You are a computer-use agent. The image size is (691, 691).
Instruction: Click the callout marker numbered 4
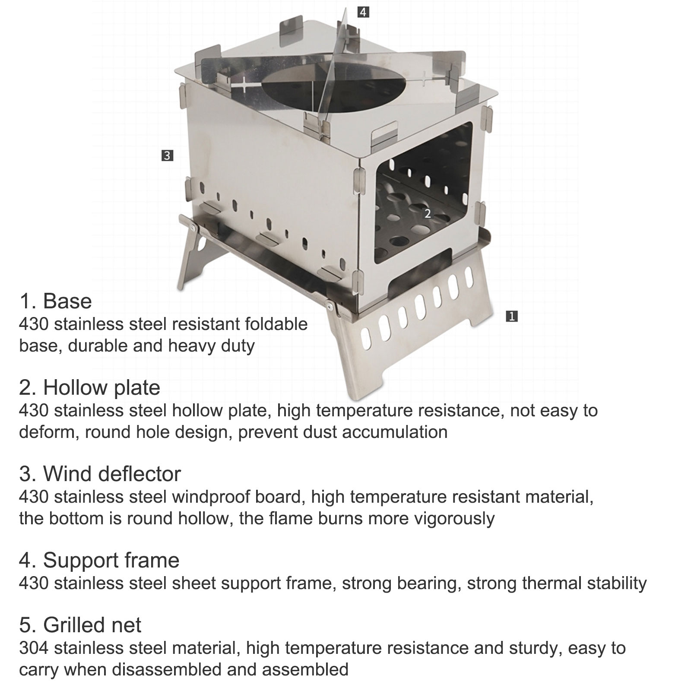click(363, 12)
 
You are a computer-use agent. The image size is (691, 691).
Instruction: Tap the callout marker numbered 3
click(167, 155)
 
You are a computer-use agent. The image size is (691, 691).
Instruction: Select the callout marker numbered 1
click(511, 317)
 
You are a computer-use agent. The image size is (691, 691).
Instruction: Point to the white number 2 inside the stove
click(428, 213)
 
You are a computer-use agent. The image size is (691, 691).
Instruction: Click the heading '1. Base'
click(55, 301)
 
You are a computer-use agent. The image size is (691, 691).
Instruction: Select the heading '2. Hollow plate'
click(89, 387)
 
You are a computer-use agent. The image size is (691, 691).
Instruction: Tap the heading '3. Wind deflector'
click(100, 474)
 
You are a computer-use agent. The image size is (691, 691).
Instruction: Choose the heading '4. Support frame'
click(99, 560)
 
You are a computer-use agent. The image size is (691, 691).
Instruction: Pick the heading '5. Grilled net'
click(80, 625)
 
